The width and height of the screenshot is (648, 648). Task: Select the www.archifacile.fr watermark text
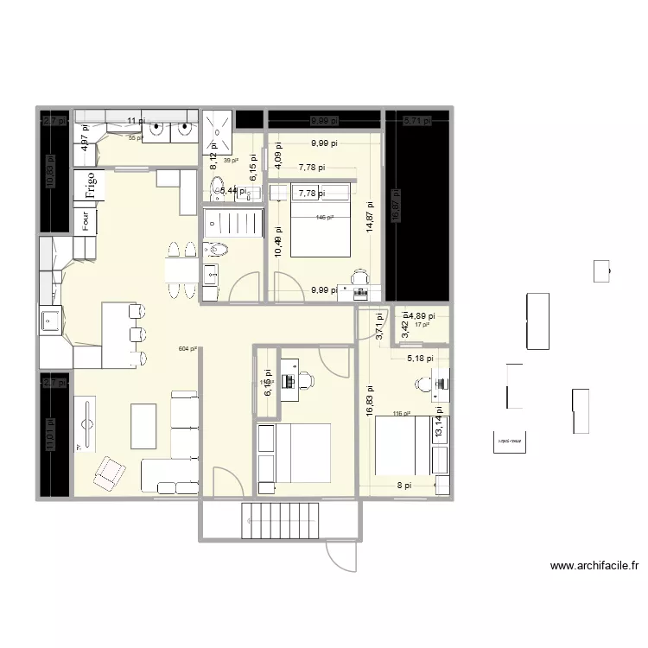(x=594, y=567)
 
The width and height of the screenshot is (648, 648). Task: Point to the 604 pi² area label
(x=187, y=349)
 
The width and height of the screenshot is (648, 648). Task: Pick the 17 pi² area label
(x=422, y=325)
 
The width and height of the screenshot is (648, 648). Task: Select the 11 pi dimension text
(x=136, y=121)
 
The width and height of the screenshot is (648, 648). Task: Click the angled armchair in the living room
(x=109, y=471)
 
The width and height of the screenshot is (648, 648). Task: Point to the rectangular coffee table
(x=143, y=426)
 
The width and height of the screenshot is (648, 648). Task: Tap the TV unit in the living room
(x=86, y=423)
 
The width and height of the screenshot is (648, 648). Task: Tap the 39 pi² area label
(x=231, y=161)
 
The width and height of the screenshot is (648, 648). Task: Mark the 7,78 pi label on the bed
(x=308, y=193)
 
